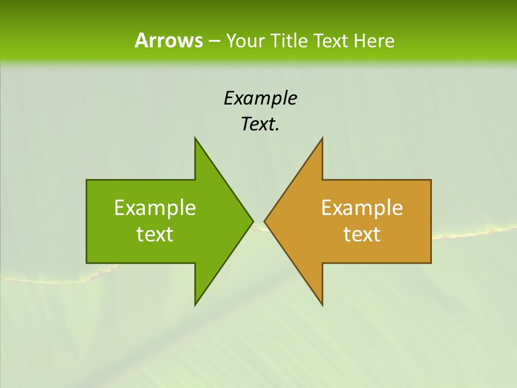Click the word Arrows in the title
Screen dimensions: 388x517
[x=169, y=40]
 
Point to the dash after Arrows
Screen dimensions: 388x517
[x=214, y=41]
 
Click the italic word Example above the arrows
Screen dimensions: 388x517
[x=260, y=98]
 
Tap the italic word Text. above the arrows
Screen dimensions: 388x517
[x=260, y=124]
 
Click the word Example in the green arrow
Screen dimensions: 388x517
[x=155, y=207]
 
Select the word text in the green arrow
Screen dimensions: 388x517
[x=155, y=234]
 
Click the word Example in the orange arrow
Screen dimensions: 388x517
[x=362, y=207]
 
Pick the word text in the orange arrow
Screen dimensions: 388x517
[x=362, y=234]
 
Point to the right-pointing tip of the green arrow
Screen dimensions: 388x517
[x=253, y=221]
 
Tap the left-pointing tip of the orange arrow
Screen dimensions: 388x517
[x=264, y=221]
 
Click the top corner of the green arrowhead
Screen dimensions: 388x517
[x=195, y=138]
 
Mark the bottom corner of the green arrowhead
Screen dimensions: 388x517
[x=195, y=304]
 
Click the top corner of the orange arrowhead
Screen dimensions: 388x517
[x=322, y=138]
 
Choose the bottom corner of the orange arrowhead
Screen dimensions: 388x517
[x=322, y=304]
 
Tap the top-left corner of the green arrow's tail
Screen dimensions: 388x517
[x=87, y=180]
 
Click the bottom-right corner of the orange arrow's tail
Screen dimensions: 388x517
[x=431, y=262]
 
